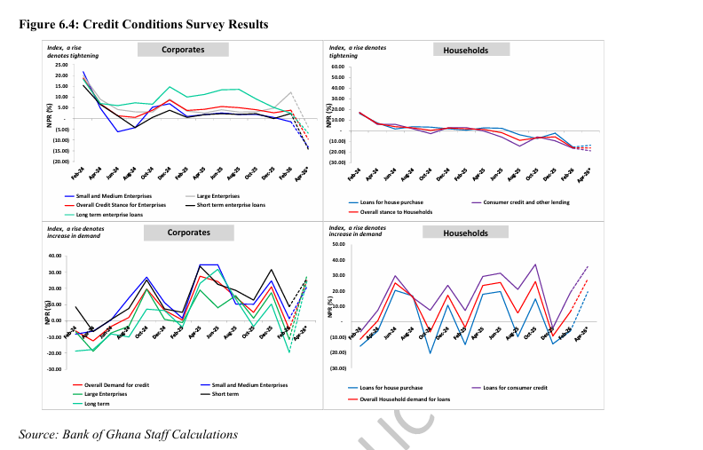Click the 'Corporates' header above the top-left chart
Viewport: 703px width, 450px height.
coord(183,50)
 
